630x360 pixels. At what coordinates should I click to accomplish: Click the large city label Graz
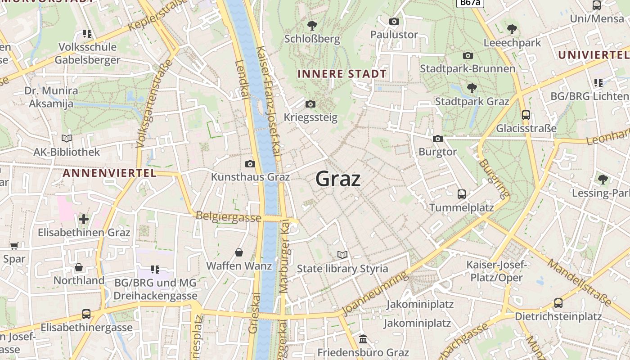pyautogui.click(x=338, y=179)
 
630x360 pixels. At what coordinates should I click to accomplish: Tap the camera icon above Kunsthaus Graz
pyautogui.click(x=250, y=164)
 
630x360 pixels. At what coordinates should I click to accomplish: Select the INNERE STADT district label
pyautogui.click(x=342, y=74)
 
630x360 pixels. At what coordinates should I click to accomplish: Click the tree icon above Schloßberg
pyautogui.click(x=312, y=26)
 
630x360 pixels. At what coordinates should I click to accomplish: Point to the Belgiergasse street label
pyautogui.click(x=228, y=216)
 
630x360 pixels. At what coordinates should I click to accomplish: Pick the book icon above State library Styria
pyautogui.click(x=342, y=255)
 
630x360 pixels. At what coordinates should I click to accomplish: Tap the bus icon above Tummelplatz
pyautogui.click(x=462, y=194)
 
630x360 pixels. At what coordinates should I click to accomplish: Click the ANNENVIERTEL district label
pyautogui.click(x=109, y=173)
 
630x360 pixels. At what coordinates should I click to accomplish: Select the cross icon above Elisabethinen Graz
pyautogui.click(x=84, y=219)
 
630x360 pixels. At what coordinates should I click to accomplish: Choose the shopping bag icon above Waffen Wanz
pyautogui.click(x=239, y=252)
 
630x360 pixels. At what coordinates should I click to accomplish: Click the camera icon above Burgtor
pyautogui.click(x=438, y=139)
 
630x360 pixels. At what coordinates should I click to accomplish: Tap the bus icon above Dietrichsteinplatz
pyautogui.click(x=558, y=303)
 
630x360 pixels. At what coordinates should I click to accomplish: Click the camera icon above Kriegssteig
pyautogui.click(x=310, y=104)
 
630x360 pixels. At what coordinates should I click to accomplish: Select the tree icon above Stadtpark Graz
pyautogui.click(x=472, y=88)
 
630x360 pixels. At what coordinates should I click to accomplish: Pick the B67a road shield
pyautogui.click(x=470, y=3)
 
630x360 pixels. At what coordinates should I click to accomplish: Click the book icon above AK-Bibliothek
pyautogui.click(x=67, y=139)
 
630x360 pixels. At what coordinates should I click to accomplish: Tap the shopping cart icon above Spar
pyautogui.click(x=14, y=246)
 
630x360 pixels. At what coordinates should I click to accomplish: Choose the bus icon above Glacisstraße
pyautogui.click(x=526, y=115)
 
